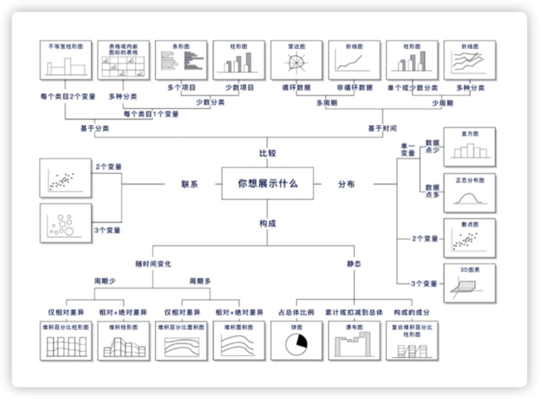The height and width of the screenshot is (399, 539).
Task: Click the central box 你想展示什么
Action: click(x=267, y=183)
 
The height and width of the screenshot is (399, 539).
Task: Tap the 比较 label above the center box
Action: click(x=267, y=153)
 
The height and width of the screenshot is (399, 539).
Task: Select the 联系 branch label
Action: click(x=189, y=184)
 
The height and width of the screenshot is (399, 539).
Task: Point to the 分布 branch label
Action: click(x=346, y=184)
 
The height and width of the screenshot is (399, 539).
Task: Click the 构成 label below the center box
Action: click(x=267, y=223)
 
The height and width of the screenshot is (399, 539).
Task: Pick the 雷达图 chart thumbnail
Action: click(x=296, y=60)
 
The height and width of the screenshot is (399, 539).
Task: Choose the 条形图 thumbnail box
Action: click(x=181, y=60)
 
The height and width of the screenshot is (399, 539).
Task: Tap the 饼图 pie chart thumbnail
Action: click(x=296, y=340)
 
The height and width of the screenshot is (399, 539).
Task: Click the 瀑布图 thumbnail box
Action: click(x=354, y=340)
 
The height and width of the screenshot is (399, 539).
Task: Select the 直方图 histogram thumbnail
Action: click(x=469, y=147)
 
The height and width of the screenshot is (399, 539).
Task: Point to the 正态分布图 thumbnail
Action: click(x=469, y=193)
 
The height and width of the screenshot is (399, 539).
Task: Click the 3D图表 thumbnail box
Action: click(x=469, y=283)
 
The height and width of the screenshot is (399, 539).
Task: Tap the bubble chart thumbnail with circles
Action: click(x=65, y=223)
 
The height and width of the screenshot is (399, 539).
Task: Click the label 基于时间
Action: click(x=382, y=129)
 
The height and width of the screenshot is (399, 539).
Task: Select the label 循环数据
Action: click(x=296, y=88)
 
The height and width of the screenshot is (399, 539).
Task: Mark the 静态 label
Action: click(x=354, y=264)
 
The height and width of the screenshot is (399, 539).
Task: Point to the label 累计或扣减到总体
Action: click(x=354, y=312)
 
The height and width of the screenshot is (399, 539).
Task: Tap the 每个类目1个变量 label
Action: click(x=151, y=114)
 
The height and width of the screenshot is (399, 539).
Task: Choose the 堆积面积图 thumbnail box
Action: click(x=239, y=340)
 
